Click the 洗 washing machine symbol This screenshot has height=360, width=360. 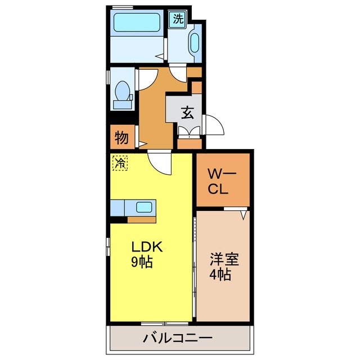tap(178, 18)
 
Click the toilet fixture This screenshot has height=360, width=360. tap(122, 93)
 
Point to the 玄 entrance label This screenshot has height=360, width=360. tap(187, 112)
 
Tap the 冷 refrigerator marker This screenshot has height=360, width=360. tap(120, 163)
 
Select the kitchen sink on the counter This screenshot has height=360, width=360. tap(144, 207)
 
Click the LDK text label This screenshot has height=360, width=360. tap(147, 246)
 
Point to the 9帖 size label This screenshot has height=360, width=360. tap(143, 262)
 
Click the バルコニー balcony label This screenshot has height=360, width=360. tap(177, 339)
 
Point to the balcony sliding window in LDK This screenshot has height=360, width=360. tap(164, 323)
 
